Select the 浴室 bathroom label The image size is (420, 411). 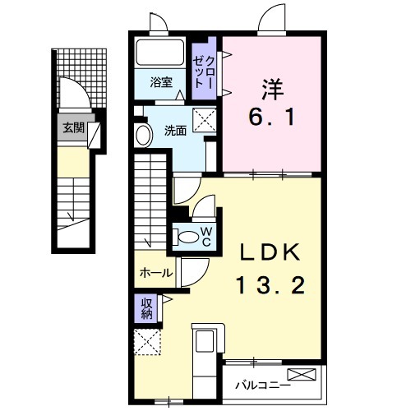tap(160, 82)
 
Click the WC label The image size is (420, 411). tap(206, 237)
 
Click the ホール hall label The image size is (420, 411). tap(155, 272)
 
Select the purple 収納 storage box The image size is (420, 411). tap(146, 309)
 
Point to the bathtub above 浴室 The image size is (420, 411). tap(160, 53)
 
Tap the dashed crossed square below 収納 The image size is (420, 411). tap(147, 341)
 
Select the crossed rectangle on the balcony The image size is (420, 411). tap(301, 375)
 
